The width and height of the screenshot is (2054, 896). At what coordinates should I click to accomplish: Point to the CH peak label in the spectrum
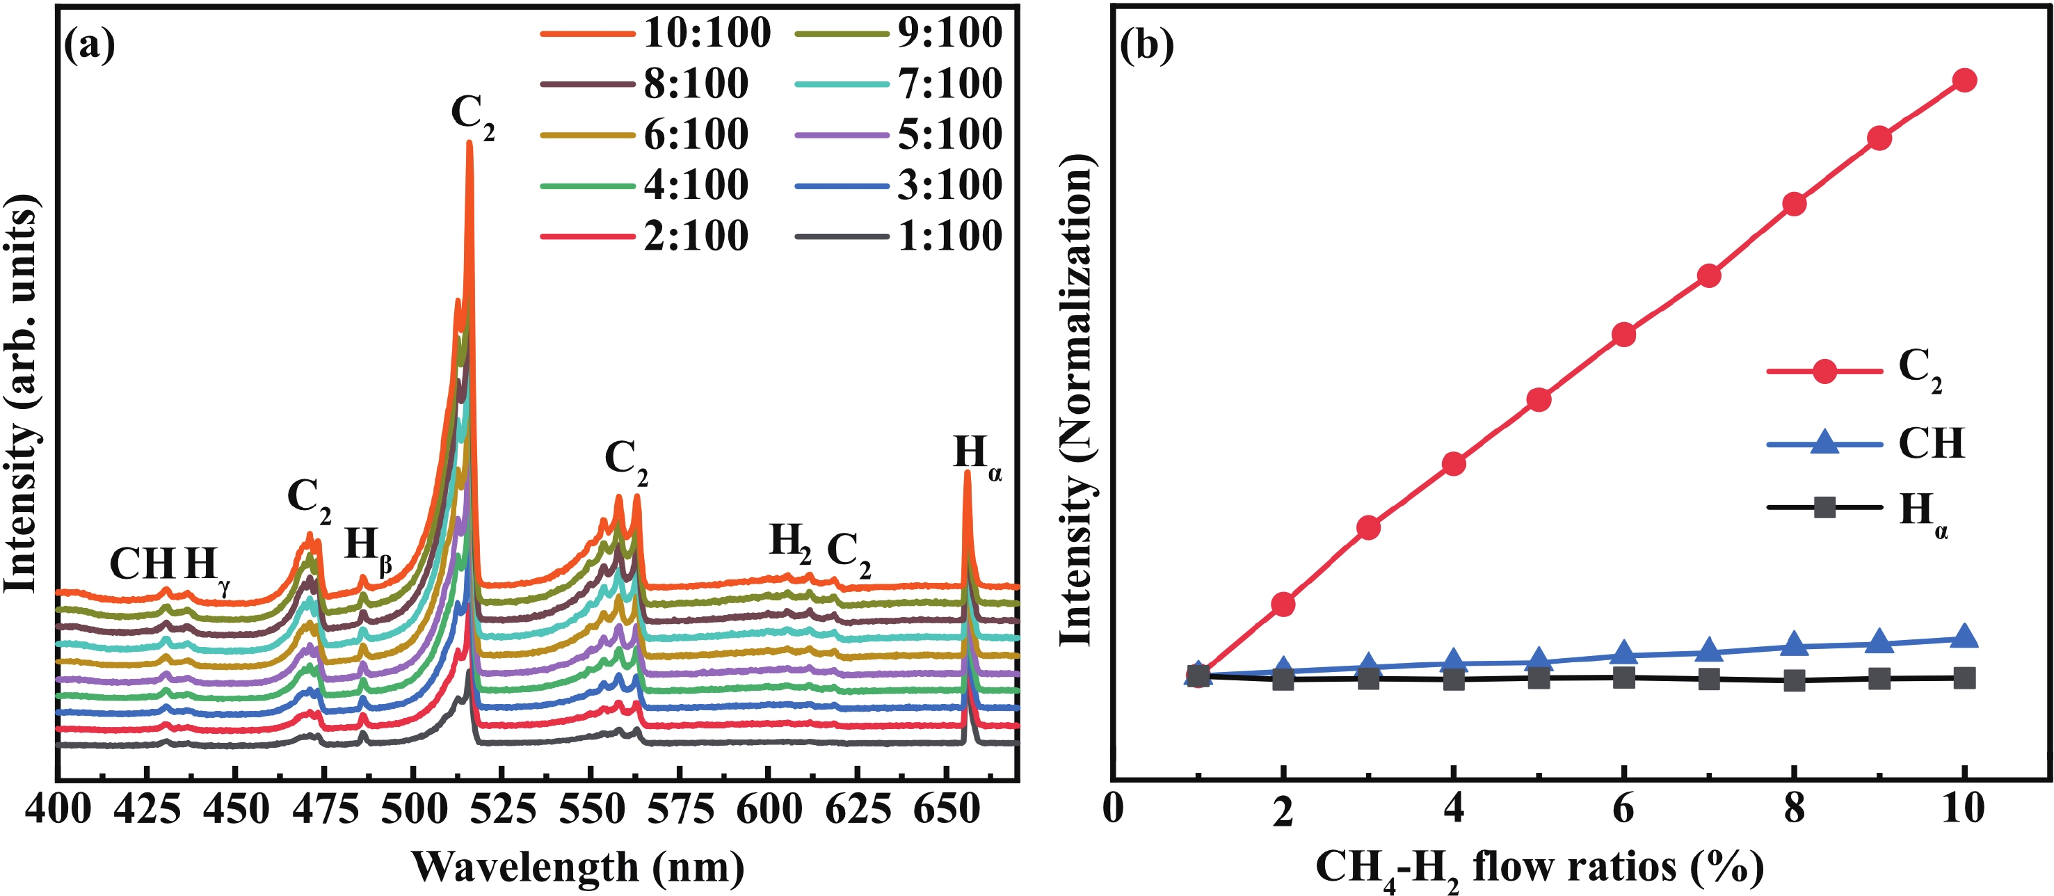pyautogui.click(x=142, y=564)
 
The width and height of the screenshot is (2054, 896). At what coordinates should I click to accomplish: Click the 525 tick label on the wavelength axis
pyautogui.click(x=501, y=809)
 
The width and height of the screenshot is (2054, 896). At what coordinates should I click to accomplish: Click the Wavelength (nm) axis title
pyautogui.click(x=578, y=867)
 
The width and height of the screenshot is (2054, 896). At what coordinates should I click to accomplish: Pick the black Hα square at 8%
pyautogui.click(x=1794, y=680)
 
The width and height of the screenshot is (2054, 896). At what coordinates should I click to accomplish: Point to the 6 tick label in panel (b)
pyautogui.click(x=1623, y=809)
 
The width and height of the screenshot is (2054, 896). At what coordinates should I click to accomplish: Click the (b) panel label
pyautogui.click(x=1146, y=46)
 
